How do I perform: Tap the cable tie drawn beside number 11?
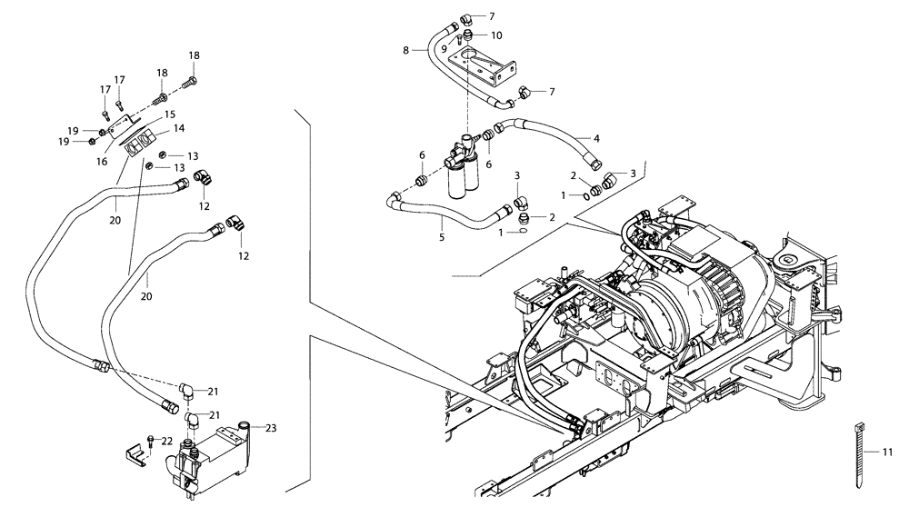coord(859,452)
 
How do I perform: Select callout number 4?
coord(596,138)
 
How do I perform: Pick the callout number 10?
coord(496,35)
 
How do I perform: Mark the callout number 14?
coord(179,128)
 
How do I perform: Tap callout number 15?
coord(168,114)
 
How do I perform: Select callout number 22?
coord(166,441)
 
